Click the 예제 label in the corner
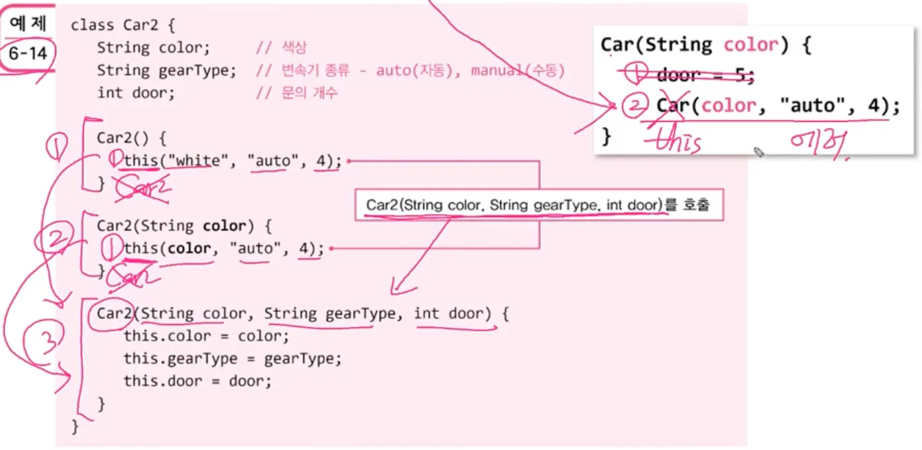[27, 25]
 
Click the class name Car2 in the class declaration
[140, 26]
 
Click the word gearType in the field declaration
[197, 71]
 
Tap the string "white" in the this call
[200, 162]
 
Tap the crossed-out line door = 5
[704, 76]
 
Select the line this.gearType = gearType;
[233, 359]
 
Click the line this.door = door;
[197, 382]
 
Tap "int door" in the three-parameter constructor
[449, 314]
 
